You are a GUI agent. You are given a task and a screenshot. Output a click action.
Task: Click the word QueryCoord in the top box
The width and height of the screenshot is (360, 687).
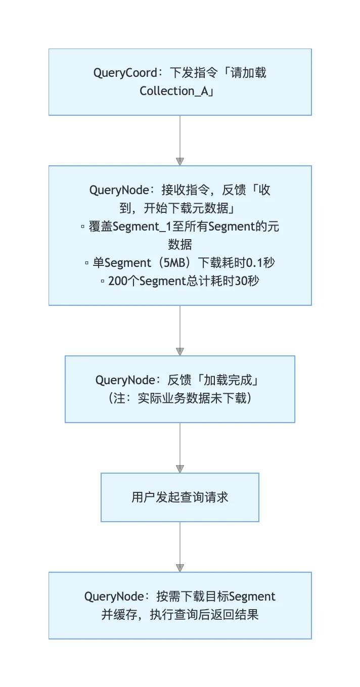click(125, 73)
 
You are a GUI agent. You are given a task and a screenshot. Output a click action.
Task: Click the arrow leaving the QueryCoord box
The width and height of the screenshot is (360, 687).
click(180, 140)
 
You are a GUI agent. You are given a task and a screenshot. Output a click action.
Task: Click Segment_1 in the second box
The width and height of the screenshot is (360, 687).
click(143, 226)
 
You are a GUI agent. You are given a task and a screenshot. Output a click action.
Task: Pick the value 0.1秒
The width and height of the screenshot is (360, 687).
click(259, 263)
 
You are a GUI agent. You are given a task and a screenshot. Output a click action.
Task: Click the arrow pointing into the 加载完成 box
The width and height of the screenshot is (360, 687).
click(180, 331)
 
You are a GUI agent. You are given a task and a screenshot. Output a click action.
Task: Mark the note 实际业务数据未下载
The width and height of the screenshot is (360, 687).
click(191, 398)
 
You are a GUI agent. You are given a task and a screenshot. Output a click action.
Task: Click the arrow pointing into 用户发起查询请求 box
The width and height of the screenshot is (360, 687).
click(180, 447)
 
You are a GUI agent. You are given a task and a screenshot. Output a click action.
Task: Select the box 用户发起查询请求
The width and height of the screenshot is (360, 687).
click(180, 497)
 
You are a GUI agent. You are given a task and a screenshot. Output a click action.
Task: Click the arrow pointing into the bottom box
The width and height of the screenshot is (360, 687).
click(180, 546)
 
